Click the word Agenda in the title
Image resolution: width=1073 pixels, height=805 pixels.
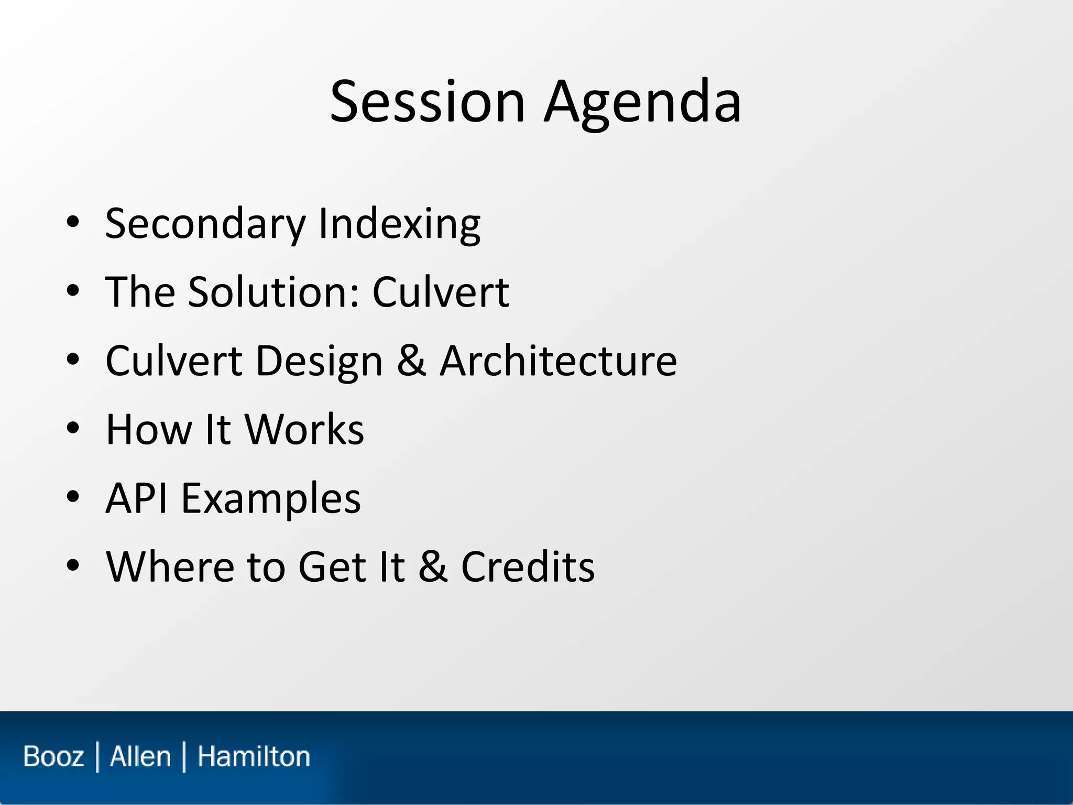tap(642, 102)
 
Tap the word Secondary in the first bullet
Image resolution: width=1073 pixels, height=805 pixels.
tap(205, 224)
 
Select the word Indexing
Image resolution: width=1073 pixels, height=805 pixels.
tap(399, 224)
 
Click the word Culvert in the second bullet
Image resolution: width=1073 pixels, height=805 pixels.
tap(440, 292)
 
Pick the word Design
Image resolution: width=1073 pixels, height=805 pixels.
tap(320, 361)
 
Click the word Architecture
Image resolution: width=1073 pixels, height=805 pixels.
tap(558, 361)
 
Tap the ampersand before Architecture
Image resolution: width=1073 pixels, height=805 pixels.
tap(411, 361)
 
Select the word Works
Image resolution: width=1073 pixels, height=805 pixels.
tap(304, 430)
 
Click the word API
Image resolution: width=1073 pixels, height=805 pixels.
tap(137, 498)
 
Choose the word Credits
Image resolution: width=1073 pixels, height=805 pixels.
tap(528, 567)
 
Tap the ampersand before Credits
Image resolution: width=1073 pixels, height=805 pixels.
tap(433, 567)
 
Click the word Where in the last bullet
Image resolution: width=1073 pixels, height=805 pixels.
tap(169, 567)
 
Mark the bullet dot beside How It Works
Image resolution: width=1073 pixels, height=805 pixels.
tap(73, 428)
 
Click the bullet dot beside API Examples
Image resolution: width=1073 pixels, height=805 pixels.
tap(73, 496)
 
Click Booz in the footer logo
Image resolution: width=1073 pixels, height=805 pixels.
tap(53, 757)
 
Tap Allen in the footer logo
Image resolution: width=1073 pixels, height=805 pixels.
tap(140, 757)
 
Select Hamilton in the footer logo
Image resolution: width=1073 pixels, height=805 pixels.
tap(254, 757)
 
